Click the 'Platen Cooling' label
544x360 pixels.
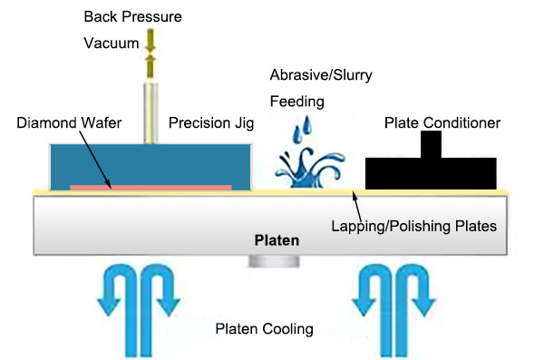point(264,329)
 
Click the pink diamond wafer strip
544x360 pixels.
point(151,188)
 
